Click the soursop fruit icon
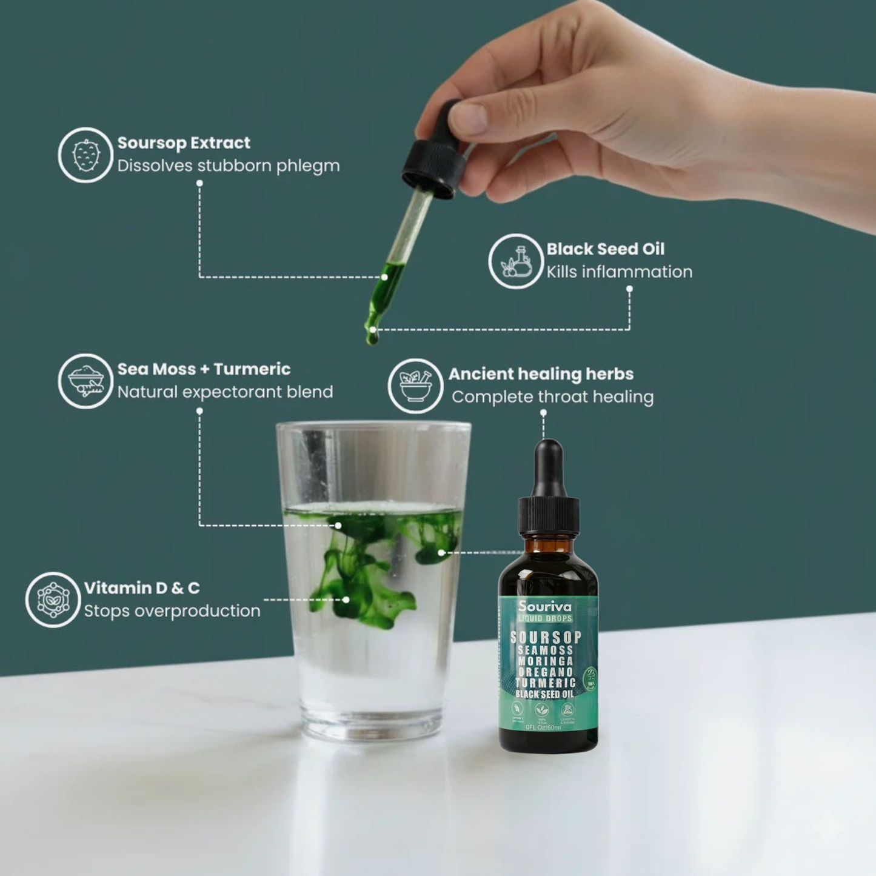pos(85,155)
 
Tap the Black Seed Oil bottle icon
pos(516,261)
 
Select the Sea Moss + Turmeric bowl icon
pos(85,381)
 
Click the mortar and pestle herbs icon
pos(415,386)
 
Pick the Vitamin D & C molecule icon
pos(53,600)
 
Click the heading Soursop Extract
pos(184,143)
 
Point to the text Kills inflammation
pos(619,272)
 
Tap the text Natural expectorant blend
pos(225,392)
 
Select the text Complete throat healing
pos(552,397)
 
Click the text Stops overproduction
pos(172,611)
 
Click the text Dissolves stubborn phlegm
pos(228,166)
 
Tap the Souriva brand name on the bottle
pos(544,606)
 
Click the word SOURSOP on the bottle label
pos(546,637)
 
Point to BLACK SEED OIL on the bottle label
pos(544,694)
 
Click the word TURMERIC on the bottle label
pos(545,683)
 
